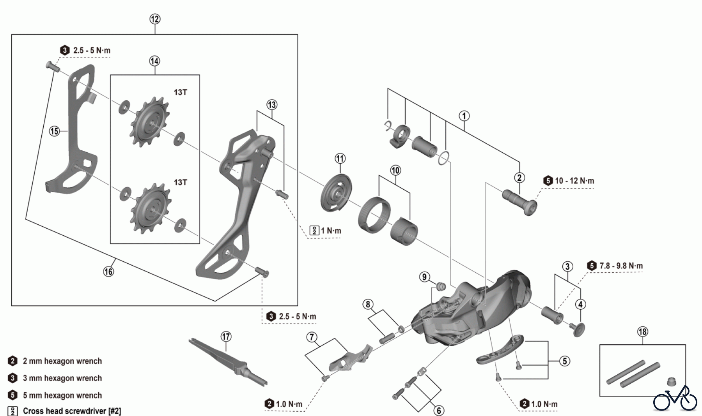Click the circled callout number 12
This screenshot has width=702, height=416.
click(155, 19)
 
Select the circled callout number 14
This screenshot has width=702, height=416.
click(154, 61)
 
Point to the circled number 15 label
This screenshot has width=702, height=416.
click(55, 131)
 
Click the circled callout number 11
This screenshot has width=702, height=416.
click(340, 159)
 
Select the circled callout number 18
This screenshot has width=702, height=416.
click(642, 331)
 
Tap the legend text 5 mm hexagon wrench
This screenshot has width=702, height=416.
click(62, 395)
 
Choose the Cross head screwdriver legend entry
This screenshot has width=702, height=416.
click(72, 411)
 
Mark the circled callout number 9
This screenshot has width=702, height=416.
click(424, 277)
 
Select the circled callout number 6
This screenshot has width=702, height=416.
click(439, 410)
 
